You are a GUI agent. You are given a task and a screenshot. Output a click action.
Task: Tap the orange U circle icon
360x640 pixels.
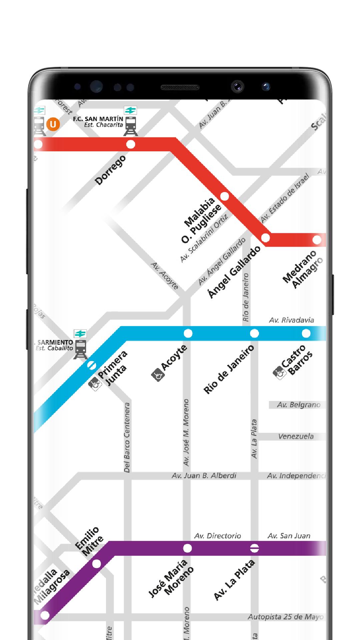click(53, 124)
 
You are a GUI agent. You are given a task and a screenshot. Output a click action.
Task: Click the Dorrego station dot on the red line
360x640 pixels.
click(131, 144)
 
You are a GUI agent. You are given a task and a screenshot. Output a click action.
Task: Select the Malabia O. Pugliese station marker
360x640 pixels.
click(225, 196)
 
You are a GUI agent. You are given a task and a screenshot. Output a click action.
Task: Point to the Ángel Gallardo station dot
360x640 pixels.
click(265, 238)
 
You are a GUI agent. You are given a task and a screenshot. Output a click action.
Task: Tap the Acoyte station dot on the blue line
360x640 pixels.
click(188, 333)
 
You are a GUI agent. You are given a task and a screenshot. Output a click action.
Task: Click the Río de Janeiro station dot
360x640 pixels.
click(254, 333)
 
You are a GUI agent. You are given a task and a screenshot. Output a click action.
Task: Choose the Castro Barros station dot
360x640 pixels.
click(306, 333)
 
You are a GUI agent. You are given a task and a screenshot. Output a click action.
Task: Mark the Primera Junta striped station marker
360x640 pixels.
click(91, 365)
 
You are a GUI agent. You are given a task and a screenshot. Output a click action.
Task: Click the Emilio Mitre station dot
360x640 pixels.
click(97, 564)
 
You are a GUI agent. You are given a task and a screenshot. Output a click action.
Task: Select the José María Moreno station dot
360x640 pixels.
click(188, 548)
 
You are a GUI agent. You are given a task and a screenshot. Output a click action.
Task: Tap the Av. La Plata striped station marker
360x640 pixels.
click(255, 548)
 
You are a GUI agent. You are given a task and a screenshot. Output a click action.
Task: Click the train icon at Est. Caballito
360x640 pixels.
click(80, 349)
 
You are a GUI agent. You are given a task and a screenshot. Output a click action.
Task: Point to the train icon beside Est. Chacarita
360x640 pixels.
click(130, 126)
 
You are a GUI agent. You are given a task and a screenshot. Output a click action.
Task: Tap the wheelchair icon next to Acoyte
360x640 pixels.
click(157, 375)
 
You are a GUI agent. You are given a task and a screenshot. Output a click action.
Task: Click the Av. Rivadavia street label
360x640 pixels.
click(291, 320)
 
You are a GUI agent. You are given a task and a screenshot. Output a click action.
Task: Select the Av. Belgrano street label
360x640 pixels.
click(298, 405)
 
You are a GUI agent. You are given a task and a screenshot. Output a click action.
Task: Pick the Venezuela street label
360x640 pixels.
click(296, 436)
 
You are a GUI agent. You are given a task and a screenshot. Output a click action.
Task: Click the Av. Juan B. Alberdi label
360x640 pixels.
click(204, 476)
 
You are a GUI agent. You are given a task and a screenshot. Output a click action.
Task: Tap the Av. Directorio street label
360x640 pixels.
click(217, 536)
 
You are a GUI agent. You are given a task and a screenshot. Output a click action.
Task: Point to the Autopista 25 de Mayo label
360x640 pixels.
click(285, 617)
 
